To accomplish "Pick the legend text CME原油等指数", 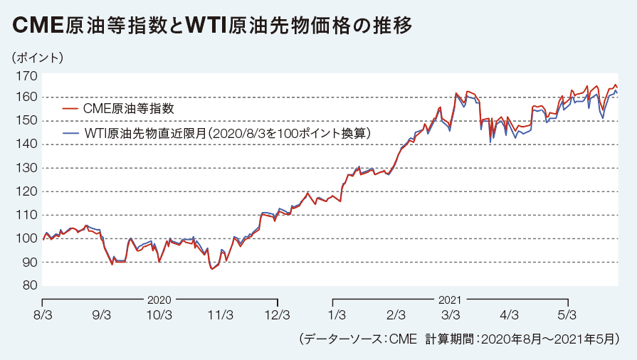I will click(x=129, y=109).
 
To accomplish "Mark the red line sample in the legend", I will click(x=70, y=109).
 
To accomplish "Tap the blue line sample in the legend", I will click(x=70, y=133).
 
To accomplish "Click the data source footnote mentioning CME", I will click(x=459, y=340).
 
